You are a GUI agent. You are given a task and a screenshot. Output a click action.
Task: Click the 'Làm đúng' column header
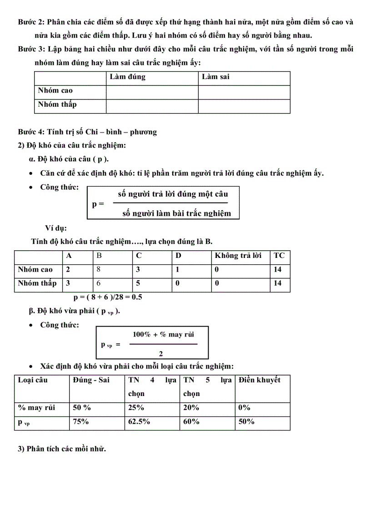[x=127, y=77]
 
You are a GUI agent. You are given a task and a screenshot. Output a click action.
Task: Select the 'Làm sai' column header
[x=216, y=77]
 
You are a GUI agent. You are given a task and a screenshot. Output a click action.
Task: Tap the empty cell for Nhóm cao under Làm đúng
[x=152, y=92]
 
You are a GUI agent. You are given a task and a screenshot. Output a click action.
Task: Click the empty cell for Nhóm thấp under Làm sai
[x=244, y=106]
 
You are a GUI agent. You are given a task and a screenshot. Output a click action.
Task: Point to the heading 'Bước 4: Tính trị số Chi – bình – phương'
[x=87, y=132]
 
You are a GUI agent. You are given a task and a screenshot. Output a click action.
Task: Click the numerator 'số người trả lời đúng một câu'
[x=173, y=194]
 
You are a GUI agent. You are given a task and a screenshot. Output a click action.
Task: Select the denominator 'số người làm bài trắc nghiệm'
[x=176, y=213]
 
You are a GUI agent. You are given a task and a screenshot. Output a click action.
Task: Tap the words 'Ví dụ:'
[x=56, y=228]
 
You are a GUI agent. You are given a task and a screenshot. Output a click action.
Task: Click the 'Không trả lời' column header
[x=238, y=256]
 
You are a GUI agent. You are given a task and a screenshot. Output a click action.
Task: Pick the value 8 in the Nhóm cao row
[x=99, y=269]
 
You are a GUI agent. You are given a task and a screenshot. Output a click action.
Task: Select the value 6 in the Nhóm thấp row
[x=99, y=283]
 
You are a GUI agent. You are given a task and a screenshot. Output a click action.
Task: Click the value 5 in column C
[x=139, y=283]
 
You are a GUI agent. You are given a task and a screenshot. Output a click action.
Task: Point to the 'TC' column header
[x=279, y=256]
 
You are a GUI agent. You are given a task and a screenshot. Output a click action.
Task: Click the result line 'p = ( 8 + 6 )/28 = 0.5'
[x=109, y=297]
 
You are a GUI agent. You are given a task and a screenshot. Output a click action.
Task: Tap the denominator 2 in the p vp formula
[x=161, y=353]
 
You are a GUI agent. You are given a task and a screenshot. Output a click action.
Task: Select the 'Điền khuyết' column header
[x=260, y=380]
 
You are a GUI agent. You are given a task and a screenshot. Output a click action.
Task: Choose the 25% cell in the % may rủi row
[x=136, y=408]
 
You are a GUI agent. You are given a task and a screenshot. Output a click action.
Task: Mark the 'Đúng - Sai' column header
[x=91, y=380]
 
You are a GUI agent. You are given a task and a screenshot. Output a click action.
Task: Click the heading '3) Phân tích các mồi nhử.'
[x=62, y=449]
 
